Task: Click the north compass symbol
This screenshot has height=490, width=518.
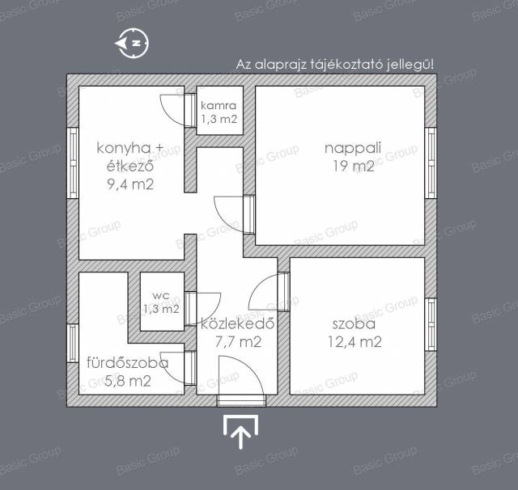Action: [132, 43]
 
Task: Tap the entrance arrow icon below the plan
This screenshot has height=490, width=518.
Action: [241, 432]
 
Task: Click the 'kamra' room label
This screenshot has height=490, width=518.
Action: [219, 106]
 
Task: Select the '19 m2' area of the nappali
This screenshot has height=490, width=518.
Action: [353, 166]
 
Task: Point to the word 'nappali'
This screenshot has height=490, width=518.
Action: [353, 148]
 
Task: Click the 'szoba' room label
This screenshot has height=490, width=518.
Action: [355, 324]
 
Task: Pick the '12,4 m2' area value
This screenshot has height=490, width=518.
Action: [355, 342]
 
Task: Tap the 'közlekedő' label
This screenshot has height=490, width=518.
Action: [237, 323]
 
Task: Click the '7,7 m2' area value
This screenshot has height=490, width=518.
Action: [238, 342]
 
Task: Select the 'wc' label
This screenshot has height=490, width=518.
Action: [161, 295]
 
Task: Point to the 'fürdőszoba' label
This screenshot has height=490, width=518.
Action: [128, 362]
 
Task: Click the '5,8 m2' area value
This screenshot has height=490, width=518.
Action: [128, 381]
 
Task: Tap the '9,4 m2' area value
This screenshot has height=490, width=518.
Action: [130, 184]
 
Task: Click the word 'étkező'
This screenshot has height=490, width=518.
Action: [130, 166]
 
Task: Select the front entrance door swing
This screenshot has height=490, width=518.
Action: [241, 375]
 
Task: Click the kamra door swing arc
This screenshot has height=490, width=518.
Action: [172, 110]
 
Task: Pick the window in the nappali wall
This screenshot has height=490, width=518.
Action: [430, 163]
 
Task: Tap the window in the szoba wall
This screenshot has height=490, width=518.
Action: [430, 325]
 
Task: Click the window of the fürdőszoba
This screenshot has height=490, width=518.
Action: [73, 343]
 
